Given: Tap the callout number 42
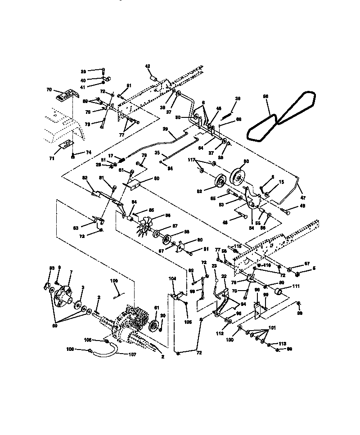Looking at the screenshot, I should point(147,66).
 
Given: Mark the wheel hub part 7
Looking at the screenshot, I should point(66,295).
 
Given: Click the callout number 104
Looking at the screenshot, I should point(173,280).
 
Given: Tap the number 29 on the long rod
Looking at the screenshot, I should point(165,130).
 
